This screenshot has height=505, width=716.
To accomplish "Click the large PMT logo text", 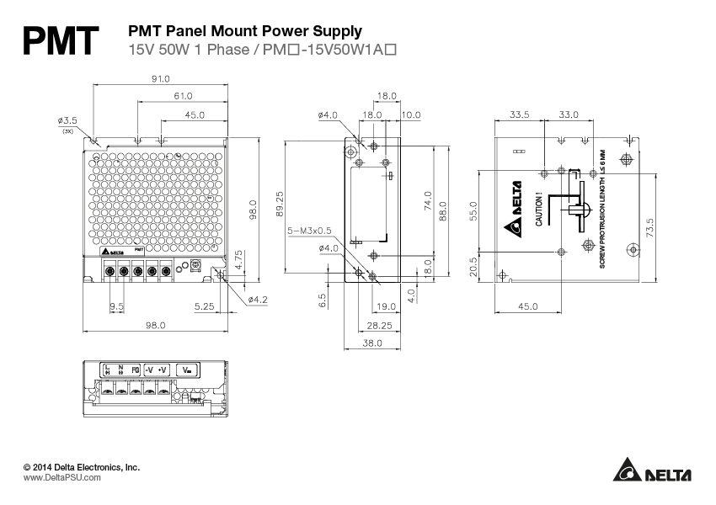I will point(60,40).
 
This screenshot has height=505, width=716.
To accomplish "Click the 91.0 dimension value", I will point(160,78).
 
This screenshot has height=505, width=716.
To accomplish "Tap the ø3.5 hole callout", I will point(67,120).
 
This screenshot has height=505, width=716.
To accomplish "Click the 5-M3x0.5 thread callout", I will point(309,229).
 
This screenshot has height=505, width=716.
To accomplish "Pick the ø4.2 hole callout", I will point(257,299).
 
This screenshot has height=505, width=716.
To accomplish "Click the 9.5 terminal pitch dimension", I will point(117,306).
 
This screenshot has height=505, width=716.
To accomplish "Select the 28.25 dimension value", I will point(380,324).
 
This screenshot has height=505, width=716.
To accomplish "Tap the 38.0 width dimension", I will point(371,343).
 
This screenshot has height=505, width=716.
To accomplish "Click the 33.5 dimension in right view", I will point(519,114).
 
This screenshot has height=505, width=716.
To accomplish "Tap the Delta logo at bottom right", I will point(651,472).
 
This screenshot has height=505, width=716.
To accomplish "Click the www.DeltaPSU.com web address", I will point(61,477).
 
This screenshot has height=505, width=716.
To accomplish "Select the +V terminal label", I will point(163,369).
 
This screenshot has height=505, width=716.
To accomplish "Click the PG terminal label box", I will point(135,369).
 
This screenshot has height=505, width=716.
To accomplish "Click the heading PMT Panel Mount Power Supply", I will point(244,31).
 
